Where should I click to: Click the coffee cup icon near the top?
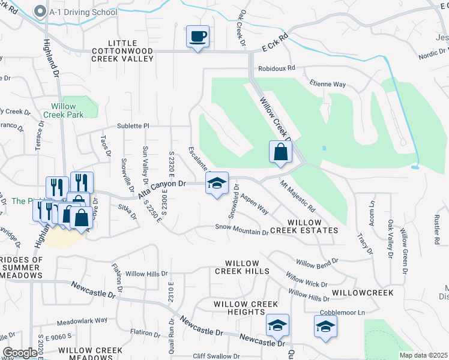197,37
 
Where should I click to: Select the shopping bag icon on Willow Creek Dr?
280,152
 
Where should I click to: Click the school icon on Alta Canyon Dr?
217,184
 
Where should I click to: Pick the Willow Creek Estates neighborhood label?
304,226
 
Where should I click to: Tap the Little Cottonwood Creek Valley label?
122,52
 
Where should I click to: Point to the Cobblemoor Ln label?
342,313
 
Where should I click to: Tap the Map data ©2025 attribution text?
423,355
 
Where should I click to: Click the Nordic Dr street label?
430,53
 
